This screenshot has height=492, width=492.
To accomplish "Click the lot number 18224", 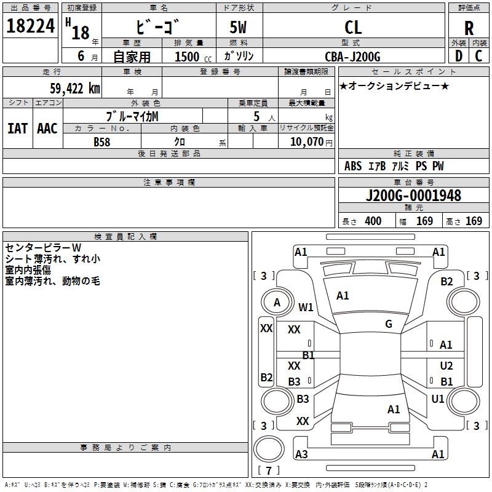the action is point(30,26).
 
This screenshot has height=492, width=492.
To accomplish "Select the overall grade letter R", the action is point(469,28).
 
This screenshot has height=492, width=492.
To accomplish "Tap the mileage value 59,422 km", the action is point(75,89).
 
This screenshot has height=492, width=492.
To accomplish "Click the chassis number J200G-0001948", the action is point(413,196).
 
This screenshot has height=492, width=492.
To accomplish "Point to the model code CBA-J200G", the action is point(352,57).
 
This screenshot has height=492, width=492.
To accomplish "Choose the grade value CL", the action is point(353,28).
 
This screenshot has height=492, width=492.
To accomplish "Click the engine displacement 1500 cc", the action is point(193,57).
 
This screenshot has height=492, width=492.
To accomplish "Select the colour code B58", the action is point(102,142).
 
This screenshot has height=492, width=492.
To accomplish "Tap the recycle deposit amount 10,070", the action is point(306,141).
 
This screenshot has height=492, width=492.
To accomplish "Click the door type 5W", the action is point(238,27).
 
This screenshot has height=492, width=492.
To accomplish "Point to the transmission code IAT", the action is point(18,129).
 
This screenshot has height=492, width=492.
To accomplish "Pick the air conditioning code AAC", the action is point(47,129).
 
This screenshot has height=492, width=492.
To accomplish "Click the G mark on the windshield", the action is point(389,324).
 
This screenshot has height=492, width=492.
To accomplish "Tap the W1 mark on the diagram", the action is point(306,307).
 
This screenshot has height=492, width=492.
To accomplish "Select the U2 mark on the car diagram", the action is point(446,365).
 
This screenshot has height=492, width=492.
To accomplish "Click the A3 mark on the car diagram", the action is point(301,454).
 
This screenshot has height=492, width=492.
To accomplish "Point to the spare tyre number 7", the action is point(269,470).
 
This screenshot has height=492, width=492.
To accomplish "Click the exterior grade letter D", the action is point(459,56).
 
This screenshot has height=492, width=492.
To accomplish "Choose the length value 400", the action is point(373,221).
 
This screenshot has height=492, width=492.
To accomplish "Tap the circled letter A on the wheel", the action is point(277,303).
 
